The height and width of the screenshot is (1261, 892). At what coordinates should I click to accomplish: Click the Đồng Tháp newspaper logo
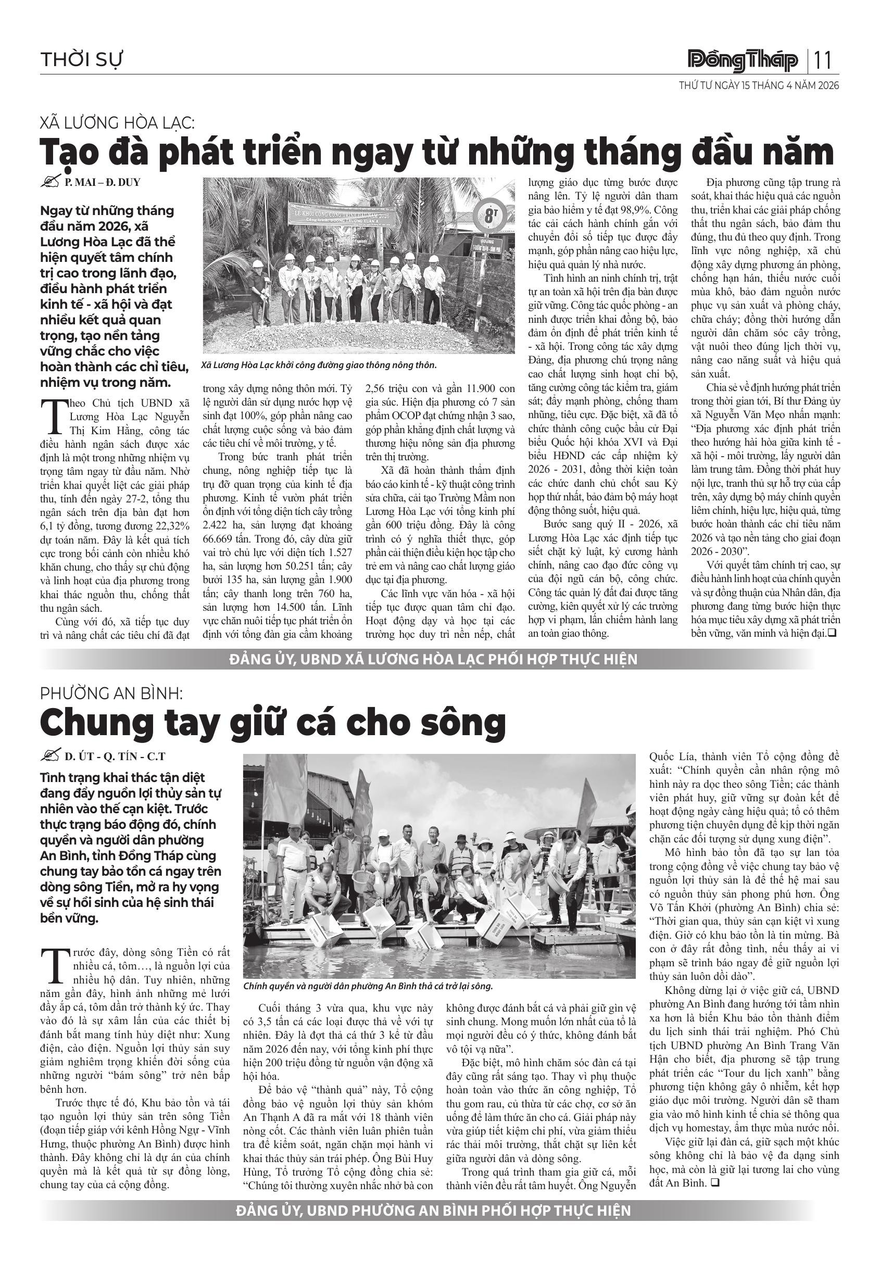[743, 61]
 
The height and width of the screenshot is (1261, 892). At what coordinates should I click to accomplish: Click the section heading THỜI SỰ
[82, 59]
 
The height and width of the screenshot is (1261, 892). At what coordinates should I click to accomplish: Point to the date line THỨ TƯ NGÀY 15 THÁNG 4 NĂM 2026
[759, 86]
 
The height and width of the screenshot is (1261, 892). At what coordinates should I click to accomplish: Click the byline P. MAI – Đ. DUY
[102, 182]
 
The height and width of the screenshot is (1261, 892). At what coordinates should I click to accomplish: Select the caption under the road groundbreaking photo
[319, 365]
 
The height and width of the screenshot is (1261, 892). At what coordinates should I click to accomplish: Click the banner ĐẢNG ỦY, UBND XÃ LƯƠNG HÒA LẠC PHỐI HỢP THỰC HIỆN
[433, 659]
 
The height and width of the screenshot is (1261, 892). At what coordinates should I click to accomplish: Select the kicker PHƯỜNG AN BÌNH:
[111, 693]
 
